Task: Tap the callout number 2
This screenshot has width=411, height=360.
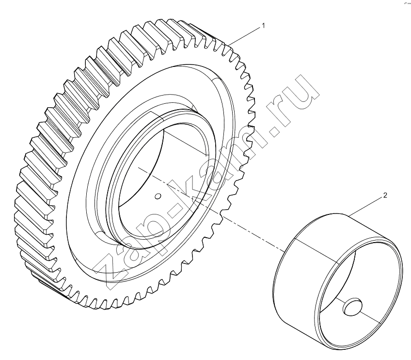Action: pos(385,196)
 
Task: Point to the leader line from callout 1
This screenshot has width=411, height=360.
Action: pos(244,36)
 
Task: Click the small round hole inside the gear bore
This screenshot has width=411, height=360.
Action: pos(158,196)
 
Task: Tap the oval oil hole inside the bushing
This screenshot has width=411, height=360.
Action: pos(353,307)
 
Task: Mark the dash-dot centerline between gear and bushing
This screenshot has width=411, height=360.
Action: pos(211,209)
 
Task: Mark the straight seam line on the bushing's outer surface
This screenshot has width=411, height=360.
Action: pos(316,250)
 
